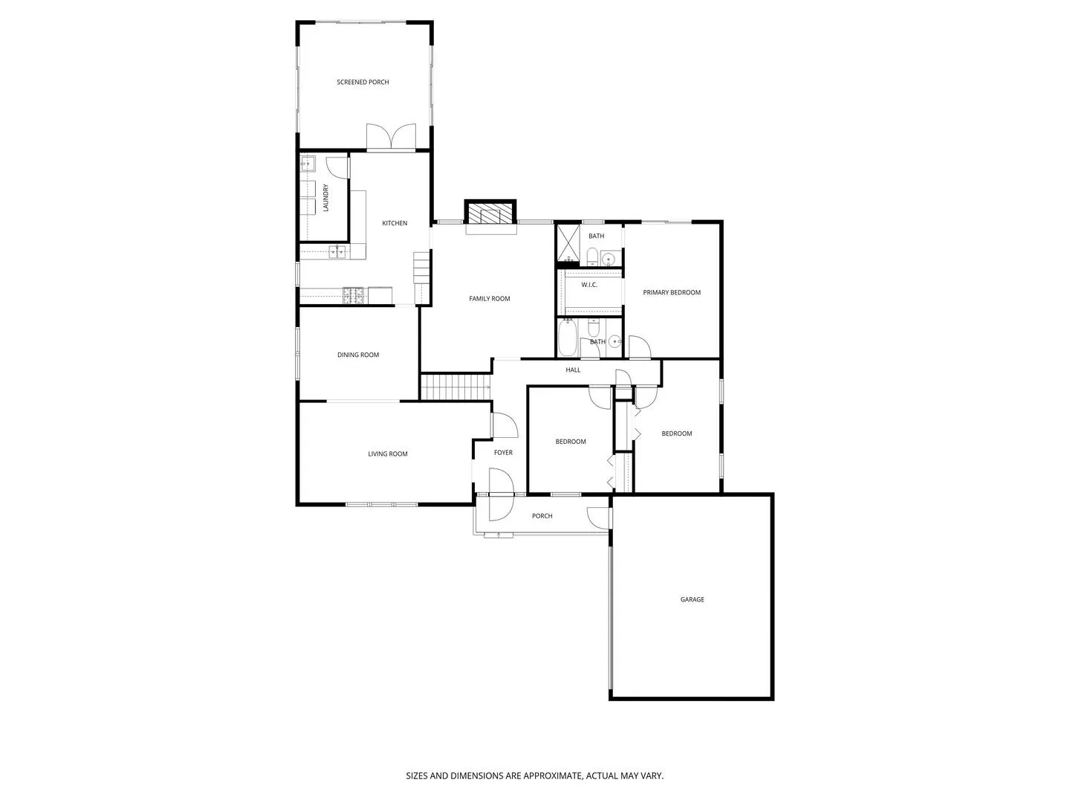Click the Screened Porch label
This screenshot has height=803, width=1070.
[363, 83]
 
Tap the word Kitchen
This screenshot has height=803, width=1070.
[395, 223]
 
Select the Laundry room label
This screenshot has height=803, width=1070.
[325, 198]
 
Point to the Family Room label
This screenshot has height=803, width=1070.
[490, 299]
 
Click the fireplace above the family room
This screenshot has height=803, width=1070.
[490, 213]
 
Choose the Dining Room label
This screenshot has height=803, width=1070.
[358, 355]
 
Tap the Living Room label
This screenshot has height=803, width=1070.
[388, 454]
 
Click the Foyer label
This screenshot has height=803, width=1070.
[503, 453]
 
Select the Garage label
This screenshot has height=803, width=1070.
[693, 600]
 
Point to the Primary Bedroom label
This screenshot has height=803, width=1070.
[672, 292]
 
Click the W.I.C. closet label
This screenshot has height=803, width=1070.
[588, 285]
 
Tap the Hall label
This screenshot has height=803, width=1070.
[573, 370]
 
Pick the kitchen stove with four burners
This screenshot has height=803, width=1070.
[354, 295]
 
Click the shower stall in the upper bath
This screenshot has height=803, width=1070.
[568, 245]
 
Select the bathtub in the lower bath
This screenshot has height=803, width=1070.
[568, 338]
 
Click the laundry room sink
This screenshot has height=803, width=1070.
[308, 164]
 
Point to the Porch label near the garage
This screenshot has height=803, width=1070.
[542, 516]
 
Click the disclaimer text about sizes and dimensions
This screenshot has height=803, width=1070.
[535, 775]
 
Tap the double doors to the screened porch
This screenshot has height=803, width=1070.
[391, 137]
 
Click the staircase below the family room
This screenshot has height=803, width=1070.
[455, 387]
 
